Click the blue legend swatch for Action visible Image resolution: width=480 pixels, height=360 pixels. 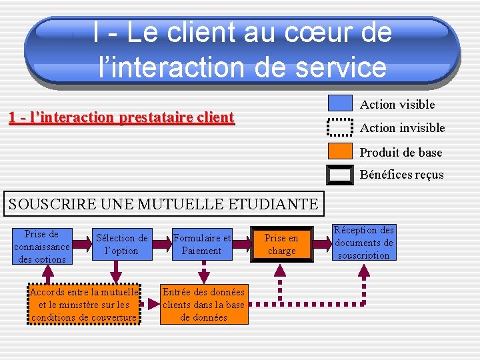[340, 103]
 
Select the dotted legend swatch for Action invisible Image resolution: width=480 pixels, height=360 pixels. [340, 127]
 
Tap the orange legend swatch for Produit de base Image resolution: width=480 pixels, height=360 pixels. [340, 152]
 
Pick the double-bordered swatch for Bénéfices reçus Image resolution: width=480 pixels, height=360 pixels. [340, 175]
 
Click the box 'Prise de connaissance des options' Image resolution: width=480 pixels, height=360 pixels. [41, 247]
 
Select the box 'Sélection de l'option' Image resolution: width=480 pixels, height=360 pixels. [121, 245]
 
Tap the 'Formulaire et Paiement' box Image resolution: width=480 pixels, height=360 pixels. [202, 245]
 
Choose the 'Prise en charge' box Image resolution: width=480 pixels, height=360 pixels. [281, 245]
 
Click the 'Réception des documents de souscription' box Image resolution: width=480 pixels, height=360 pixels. [364, 243]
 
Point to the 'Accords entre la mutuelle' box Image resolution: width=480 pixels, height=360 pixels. [84, 305]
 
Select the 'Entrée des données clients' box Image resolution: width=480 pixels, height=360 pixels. [204, 305]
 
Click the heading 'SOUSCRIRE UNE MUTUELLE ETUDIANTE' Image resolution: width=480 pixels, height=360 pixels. [163, 203]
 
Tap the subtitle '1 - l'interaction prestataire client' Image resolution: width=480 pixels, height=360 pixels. [121, 118]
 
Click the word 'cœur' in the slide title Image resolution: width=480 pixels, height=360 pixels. [291, 33]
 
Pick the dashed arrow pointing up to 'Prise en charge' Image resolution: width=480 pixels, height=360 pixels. [281, 280]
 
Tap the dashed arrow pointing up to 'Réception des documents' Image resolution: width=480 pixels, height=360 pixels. [364, 280]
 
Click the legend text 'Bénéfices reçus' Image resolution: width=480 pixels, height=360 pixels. [401, 175]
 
